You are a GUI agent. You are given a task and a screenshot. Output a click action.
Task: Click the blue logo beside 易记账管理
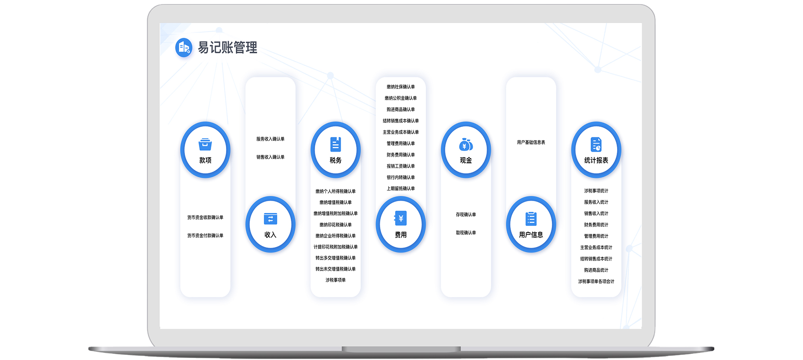click(184, 47)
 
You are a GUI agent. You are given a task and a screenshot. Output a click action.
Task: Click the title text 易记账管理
click(228, 47)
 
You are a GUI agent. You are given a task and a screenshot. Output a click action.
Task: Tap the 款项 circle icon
click(205, 150)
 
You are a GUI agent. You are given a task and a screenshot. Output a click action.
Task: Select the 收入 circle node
click(270, 224)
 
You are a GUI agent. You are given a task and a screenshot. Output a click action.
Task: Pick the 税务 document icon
click(335, 145)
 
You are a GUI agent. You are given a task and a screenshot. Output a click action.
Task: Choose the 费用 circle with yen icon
click(401, 224)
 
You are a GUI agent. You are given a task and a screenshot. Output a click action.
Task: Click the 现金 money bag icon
click(466, 145)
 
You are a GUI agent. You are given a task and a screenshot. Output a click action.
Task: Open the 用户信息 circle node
click(531, 224)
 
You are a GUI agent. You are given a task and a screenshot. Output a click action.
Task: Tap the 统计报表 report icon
click(596, 145)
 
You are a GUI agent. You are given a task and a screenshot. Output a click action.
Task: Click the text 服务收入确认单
click(270, 139)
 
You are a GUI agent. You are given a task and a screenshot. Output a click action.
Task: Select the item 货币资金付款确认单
click(205, 235)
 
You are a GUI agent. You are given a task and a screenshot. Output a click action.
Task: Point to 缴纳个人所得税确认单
click(335, 191)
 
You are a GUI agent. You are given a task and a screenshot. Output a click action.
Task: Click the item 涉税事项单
click(335, 280)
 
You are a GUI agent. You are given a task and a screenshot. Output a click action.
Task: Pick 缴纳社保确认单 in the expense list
click(401, 87)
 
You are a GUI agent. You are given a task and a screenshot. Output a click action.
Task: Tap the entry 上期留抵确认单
click(401, 189)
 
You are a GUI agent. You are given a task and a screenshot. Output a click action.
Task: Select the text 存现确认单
click(466, 215)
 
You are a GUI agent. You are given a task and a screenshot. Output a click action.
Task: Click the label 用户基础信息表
click(531, 142)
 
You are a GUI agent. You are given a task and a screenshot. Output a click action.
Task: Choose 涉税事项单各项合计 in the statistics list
click(596, 281)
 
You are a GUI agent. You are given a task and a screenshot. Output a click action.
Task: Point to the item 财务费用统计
click(596, 225)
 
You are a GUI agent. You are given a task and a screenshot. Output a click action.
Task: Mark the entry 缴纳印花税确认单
click(335, 225)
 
